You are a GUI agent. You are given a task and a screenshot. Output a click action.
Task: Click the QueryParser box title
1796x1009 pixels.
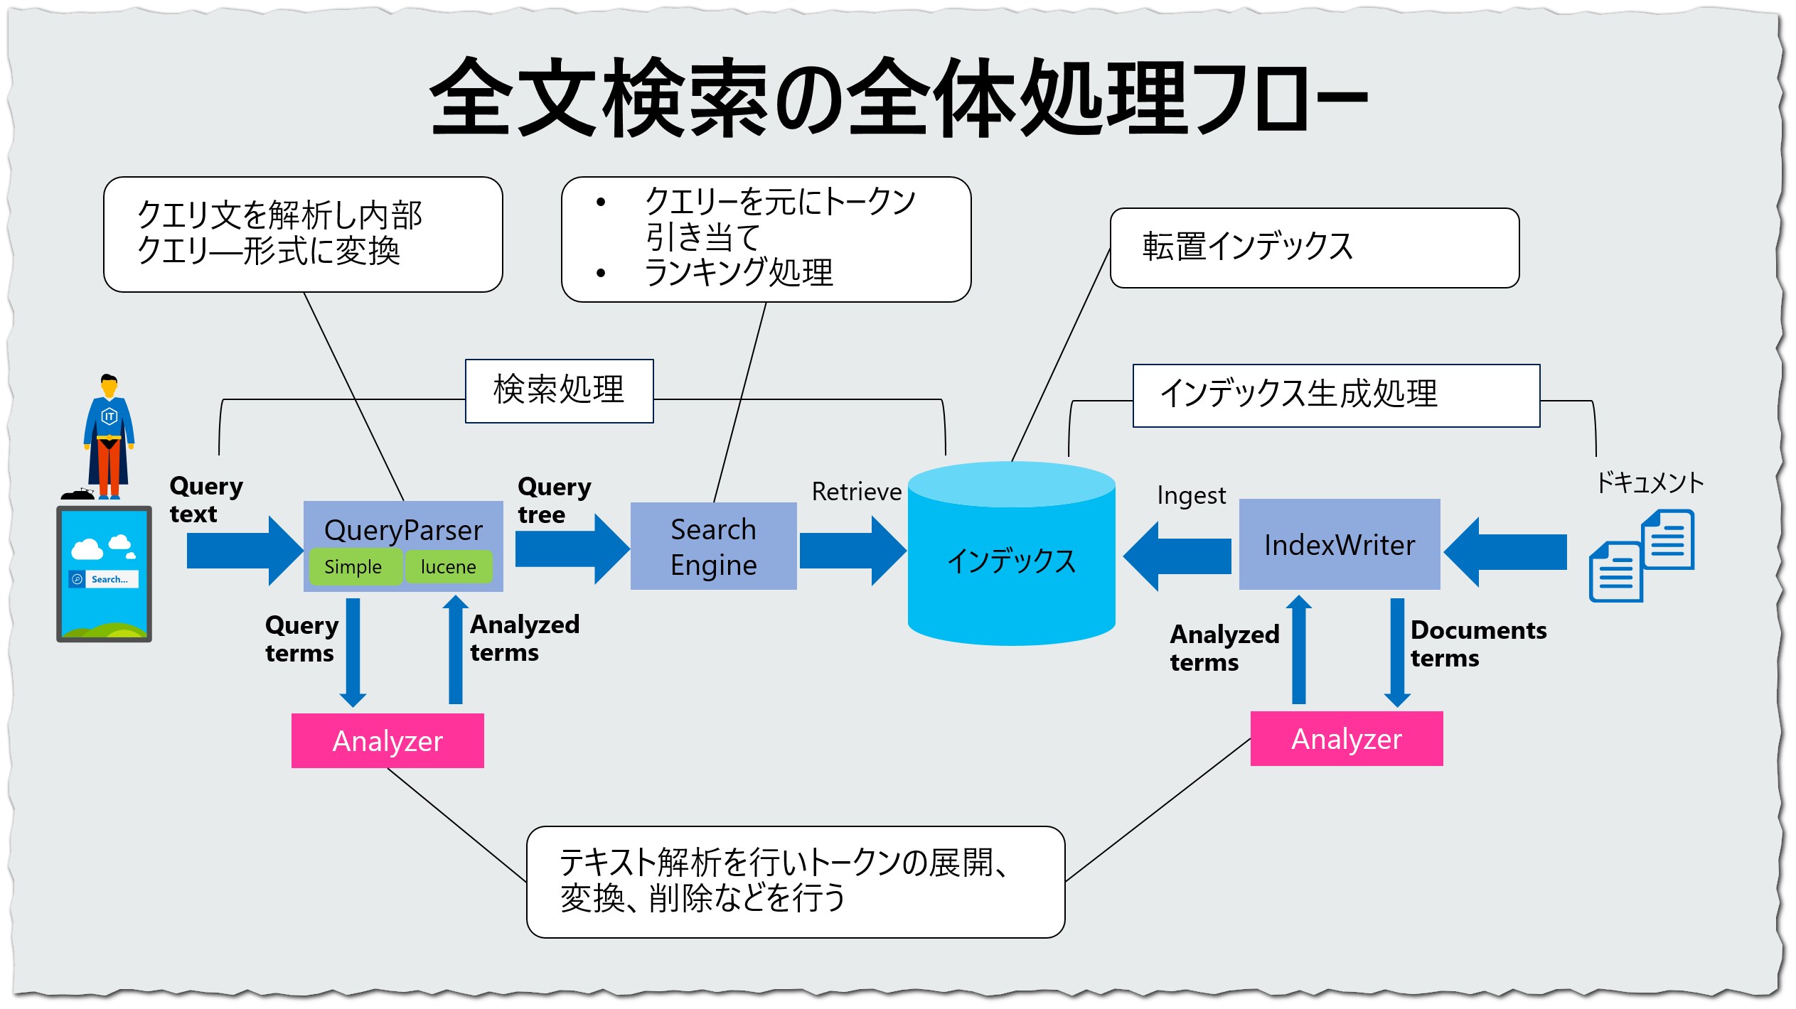403,530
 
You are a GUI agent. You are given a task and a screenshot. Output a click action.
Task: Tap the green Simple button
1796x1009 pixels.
353,567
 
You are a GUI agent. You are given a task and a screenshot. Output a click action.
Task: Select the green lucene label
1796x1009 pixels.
449,567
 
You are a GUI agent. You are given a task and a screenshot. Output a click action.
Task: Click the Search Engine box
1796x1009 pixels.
713,546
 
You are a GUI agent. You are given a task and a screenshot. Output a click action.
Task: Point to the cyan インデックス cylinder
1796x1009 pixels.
1011,561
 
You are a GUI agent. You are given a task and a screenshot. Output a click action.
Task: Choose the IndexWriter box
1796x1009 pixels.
1340,545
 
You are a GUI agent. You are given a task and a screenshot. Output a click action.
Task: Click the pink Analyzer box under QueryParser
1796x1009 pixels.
387,741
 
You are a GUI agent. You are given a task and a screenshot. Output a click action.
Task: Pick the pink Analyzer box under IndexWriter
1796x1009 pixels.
1347,739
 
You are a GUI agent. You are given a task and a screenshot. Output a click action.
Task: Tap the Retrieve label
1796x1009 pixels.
857,492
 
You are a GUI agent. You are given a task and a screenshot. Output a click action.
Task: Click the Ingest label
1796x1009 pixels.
1192,495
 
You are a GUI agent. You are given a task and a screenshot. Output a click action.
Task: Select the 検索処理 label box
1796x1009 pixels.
559,391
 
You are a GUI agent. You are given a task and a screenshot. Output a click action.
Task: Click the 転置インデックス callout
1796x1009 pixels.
1314,248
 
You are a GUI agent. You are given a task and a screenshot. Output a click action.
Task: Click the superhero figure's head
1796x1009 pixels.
109,385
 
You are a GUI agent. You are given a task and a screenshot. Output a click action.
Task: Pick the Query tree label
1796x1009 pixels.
554,500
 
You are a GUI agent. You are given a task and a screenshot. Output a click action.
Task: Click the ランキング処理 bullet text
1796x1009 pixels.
738,273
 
